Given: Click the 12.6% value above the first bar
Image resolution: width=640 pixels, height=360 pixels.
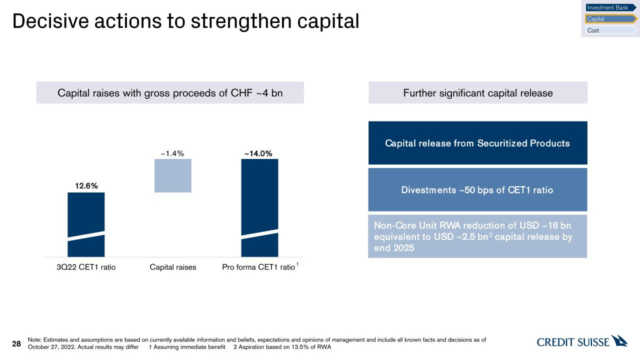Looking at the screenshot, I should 86,186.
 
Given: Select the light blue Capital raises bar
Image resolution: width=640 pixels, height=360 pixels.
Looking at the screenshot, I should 173,175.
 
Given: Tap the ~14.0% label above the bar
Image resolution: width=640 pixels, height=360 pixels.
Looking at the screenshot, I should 258,153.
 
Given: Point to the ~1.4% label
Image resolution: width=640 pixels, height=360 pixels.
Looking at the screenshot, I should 173,153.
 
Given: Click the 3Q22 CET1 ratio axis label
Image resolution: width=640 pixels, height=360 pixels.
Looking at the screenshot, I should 86,267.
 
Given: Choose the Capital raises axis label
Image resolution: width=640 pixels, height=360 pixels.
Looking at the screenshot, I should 173,267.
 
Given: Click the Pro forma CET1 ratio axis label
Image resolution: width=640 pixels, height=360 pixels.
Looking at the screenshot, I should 258,267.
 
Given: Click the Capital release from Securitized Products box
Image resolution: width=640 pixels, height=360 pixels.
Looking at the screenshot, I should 477,143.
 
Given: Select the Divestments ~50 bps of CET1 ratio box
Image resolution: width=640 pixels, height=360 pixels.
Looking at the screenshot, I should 477,189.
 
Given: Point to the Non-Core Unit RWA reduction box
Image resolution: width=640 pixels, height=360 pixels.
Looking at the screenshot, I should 477,236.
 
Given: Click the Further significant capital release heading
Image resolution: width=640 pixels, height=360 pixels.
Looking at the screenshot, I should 477,92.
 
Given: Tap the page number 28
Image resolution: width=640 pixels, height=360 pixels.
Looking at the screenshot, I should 16,343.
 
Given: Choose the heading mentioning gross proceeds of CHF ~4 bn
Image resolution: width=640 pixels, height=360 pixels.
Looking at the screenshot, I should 170,92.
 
